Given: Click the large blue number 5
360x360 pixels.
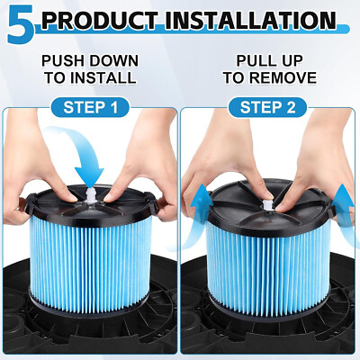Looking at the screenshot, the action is click(21, 23).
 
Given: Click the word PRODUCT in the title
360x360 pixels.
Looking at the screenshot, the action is click(100, 20).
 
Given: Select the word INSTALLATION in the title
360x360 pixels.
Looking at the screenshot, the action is click(251, 20).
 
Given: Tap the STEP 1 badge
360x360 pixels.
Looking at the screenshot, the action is click(91, 107).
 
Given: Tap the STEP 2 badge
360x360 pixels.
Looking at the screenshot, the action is click(267, 107).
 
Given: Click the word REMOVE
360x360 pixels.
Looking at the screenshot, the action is click(283, 78).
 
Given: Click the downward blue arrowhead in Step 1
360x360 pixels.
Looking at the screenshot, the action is click(89, 176).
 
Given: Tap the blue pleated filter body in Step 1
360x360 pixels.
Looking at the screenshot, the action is click(91, 254).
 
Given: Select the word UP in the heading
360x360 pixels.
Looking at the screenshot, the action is click(290, 61).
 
